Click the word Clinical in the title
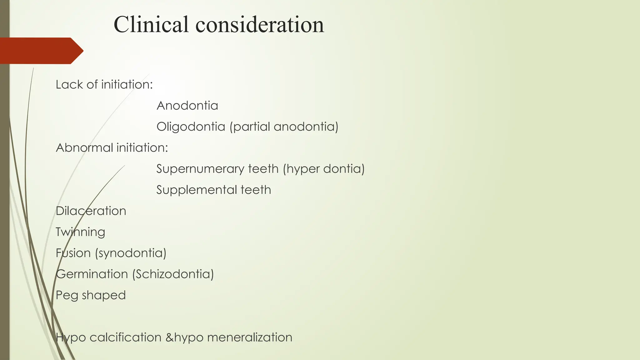(151, 24)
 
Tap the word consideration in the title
(260, 24)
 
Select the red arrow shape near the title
(41, 51)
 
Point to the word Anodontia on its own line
(187, 106)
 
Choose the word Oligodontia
(191, 127)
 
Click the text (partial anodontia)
(284, 127)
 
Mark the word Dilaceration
(91, 211)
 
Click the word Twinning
(80, 232)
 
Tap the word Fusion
(73, 253)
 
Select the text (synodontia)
(131, 253)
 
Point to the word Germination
(92, 274)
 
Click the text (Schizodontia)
(173, 274)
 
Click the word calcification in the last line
(125, 337)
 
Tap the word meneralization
(250, 337)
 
